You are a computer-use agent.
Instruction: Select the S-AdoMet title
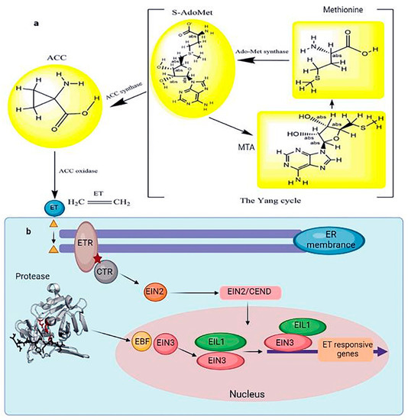[183, 9]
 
